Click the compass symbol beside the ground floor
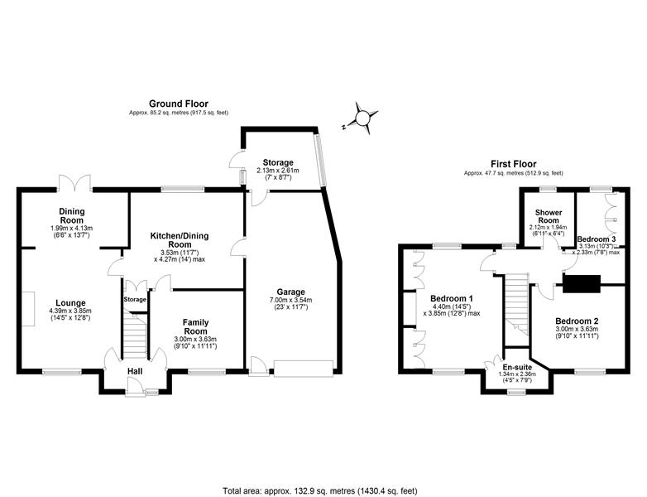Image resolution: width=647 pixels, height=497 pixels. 362,118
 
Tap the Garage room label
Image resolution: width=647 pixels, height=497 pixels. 291,292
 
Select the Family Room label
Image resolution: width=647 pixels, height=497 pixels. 195,326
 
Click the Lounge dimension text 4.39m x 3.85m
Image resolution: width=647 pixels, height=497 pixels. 70,311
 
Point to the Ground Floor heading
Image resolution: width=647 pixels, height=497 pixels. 179,104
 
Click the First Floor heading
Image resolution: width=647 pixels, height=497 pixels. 513,164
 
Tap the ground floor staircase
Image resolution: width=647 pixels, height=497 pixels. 135,335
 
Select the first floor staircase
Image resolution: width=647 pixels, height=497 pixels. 516,305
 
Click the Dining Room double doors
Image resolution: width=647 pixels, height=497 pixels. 74,183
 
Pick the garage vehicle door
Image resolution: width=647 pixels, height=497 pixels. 304,369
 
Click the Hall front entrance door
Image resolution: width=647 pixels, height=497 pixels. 134,388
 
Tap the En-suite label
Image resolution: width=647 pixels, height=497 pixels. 517,367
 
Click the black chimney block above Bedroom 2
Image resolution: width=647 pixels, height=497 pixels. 582,284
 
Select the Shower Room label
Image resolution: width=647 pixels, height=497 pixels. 548,216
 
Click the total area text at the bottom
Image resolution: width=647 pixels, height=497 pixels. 320,491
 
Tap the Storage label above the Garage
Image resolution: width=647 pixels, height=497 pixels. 278,163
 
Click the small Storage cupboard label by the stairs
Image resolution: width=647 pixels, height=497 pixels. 135,299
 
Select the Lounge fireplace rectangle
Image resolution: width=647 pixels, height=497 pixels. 28,309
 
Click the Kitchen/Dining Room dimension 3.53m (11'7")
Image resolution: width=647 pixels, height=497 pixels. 179,253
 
